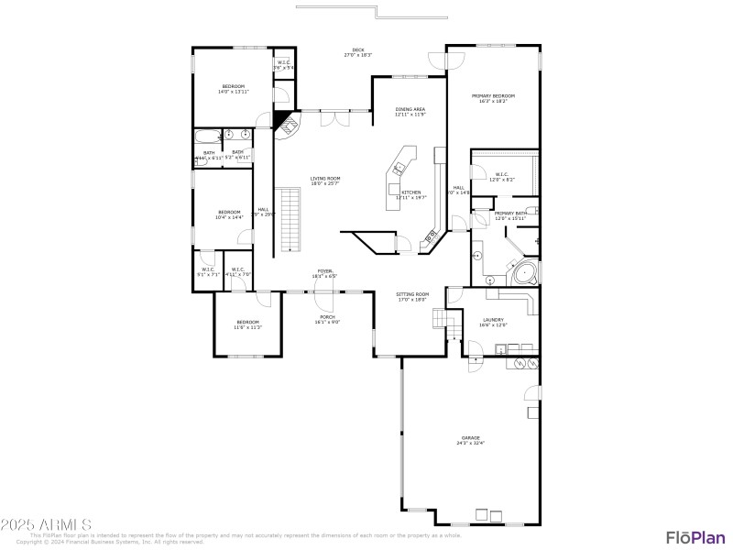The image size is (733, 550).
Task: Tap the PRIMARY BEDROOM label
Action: coord(493,96)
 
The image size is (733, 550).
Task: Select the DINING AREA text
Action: coord(410,109)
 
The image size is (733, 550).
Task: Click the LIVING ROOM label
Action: coord(324,179)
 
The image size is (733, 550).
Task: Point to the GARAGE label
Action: coord(470,438)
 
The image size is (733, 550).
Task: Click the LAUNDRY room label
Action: coord(493,320)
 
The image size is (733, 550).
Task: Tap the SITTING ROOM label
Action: coord(412,294)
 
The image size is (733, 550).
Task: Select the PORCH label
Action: coord(327,317)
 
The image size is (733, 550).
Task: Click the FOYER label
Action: coord(325,271)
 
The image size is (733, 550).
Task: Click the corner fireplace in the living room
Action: coord(287,124)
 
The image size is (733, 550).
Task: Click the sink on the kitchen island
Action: coord(399,168)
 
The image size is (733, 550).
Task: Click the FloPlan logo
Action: coord(691,537)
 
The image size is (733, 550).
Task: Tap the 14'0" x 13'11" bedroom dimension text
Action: coord(234,92)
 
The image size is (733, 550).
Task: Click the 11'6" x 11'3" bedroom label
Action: coord(247,324)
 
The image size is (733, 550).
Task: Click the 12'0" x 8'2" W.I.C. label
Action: coord(501,177)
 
